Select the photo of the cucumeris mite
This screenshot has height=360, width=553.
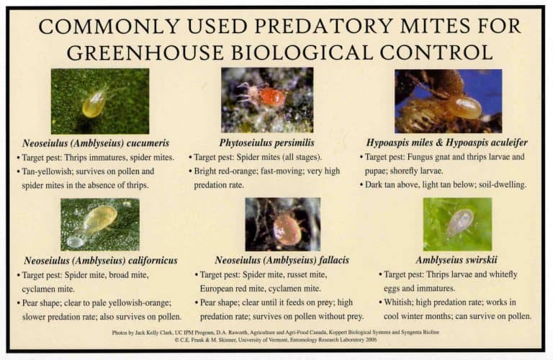[x=100, y=101]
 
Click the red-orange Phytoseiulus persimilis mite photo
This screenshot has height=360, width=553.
[x=267, y=100]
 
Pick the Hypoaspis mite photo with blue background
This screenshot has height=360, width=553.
[x=448, y=101]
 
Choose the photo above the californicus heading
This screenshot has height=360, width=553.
[x=99, y=225]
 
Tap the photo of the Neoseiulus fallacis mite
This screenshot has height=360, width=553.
[x=282, y=225]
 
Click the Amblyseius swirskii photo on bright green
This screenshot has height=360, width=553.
[x=457, y=224]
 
